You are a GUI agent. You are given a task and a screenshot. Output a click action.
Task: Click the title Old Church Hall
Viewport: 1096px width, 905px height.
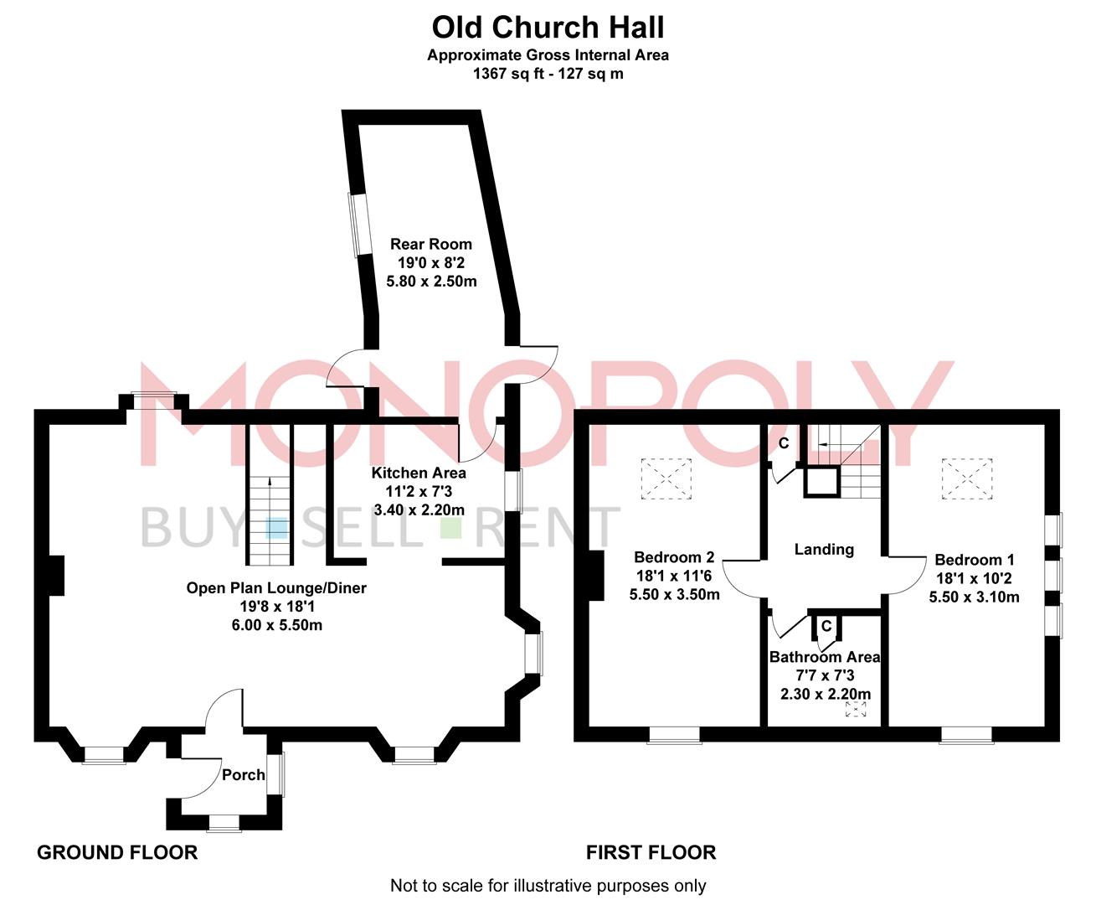pyautogui.click(x=548, y=27)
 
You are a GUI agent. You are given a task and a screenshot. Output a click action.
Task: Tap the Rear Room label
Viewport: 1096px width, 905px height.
pyautogui.click(x=431, y=244)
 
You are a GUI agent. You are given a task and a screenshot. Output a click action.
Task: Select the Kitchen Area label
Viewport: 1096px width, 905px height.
pyautogui.click(x=419, y=473)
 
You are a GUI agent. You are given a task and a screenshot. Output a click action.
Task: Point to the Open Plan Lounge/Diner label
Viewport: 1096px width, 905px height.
pyautogui.click(x=276, y=587)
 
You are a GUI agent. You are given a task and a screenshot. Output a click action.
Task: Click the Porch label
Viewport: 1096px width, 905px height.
pyautogui.click(x=243, y=774)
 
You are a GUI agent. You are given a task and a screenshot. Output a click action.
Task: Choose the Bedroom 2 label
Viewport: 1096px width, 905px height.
pyautogui.click(x=674, y=557)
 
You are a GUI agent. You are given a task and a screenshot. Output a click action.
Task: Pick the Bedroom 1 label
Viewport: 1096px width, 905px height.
pyautogui.click(x=975, y=560)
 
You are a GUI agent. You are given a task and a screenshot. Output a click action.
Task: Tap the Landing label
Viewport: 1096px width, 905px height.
pyautogui.click(x=824, y=549)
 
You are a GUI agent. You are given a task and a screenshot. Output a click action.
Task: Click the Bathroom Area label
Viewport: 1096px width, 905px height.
pyautogui.click(x=825, y=657)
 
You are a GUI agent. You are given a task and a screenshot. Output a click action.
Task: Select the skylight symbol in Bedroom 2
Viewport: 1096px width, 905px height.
pyautogui.click(x=666, y=476)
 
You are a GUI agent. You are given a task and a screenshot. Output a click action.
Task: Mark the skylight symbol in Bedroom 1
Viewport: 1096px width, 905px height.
pyautogui.click(x=967, y=476)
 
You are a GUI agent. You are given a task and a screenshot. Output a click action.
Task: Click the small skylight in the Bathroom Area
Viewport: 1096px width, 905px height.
pyautogui.click(x=856, y=711)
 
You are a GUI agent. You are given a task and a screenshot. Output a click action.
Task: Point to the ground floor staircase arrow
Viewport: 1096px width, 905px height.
pyautogui.click(x=270, y=483)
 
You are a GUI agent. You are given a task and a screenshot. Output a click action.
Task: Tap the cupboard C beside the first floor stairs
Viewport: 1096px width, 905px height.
pyautogui.click(x=784, y=443)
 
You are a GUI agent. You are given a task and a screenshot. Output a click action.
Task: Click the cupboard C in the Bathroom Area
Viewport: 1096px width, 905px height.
pyautogui.click(x=826, y=626)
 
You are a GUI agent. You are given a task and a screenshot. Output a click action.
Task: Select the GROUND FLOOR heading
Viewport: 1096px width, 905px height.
pyautogui.click(x=117, y=852)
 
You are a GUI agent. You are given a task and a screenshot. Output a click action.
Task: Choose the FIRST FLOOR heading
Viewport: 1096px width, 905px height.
pyautogui.click(x=651, y=852)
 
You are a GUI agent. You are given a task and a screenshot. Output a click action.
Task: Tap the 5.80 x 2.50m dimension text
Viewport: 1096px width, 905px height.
pyautogui.click(x=431, y=281)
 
